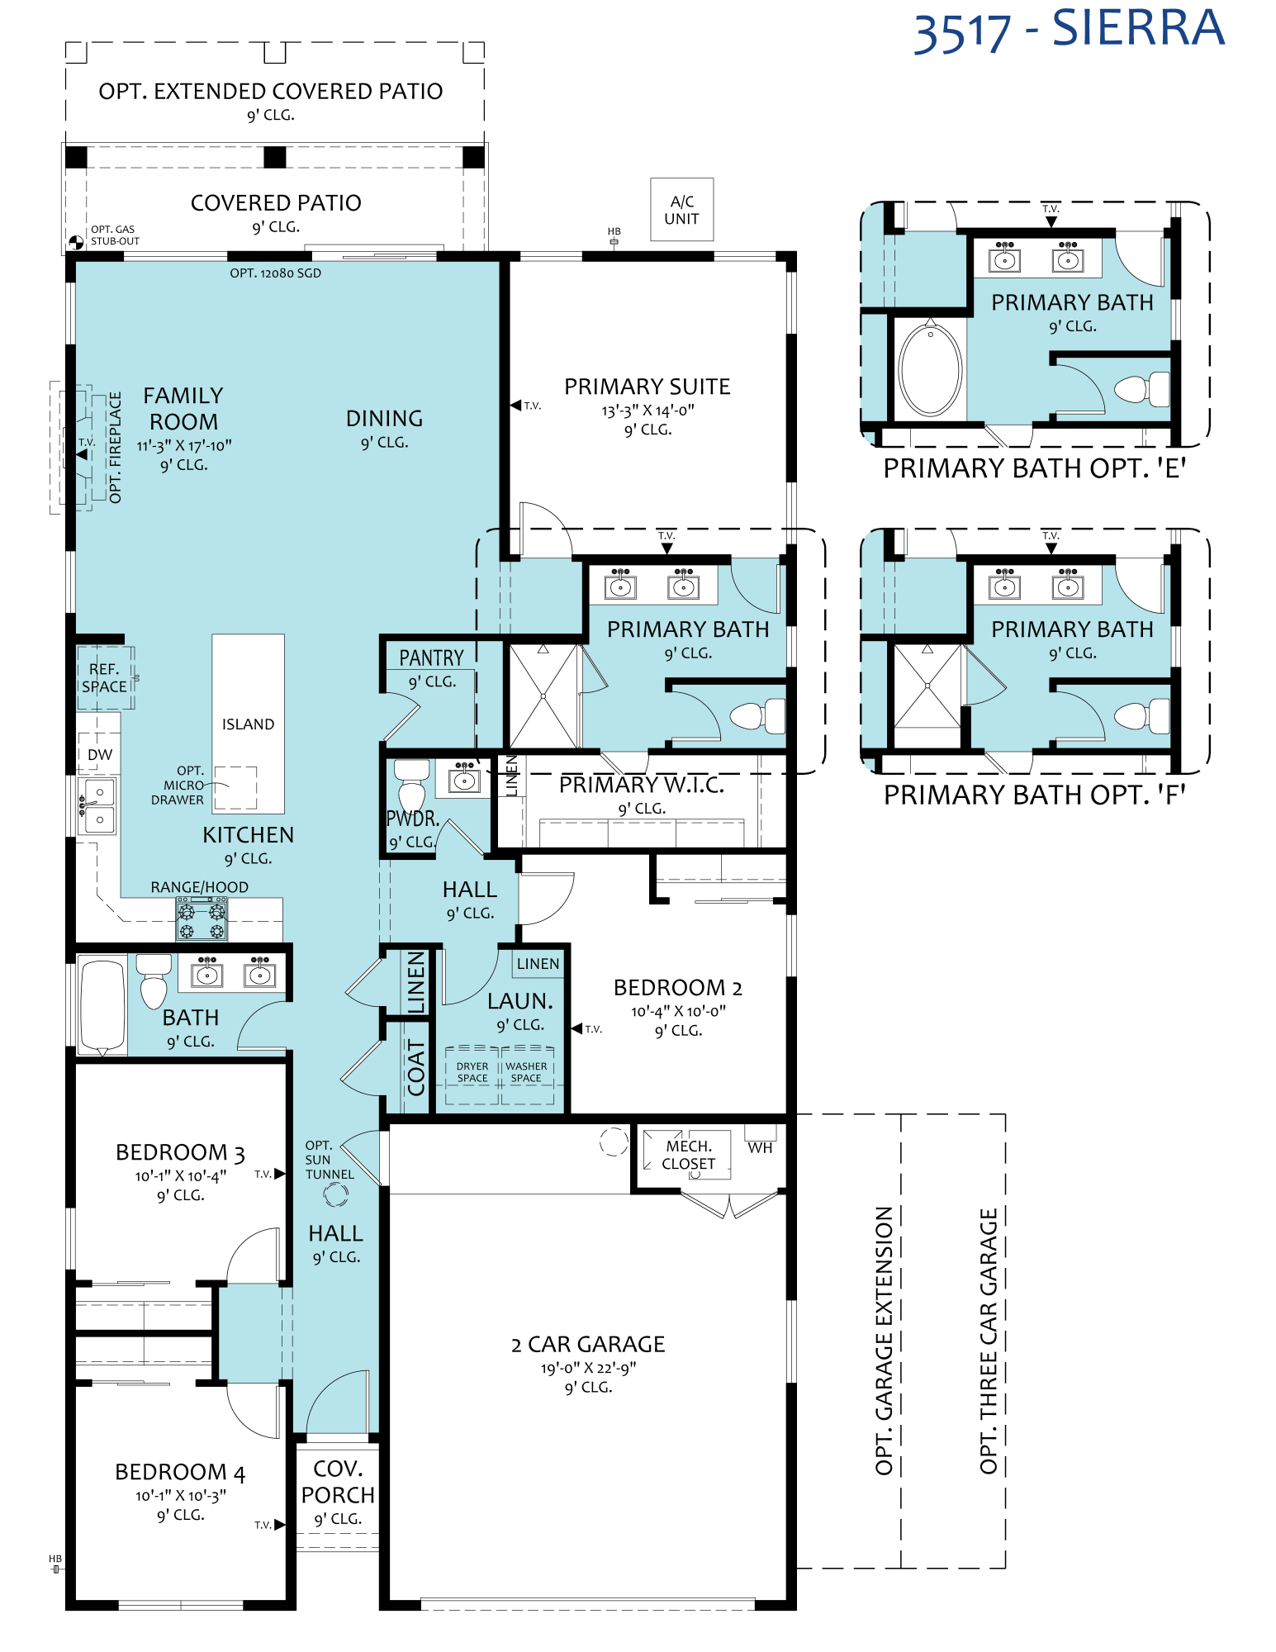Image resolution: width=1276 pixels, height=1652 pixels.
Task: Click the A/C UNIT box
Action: [681, 210]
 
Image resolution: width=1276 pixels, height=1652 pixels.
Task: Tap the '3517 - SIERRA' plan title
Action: [1069, 30]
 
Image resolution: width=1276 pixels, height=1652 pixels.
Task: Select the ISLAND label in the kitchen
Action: [248, 724]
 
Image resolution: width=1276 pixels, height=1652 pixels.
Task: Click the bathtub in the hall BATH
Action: [102, 1005]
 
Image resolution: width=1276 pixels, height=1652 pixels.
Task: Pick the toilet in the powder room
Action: [411, 786]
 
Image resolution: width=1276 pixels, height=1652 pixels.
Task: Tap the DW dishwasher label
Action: [100, 754]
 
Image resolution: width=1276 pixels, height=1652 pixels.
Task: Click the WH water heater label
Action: [760, 1147]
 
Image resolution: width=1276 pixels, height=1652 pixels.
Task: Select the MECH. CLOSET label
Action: [689, 1155]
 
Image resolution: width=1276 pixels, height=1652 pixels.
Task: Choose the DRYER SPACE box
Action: [472, 1075]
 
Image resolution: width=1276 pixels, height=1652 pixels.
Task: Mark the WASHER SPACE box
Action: [527, 1075]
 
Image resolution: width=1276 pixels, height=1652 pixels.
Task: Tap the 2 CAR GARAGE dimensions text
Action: [588, 1369]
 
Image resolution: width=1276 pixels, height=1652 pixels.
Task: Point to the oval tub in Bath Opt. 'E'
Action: [930, 368]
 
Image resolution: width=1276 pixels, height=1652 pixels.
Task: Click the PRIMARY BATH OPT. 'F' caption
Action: [1035, 795]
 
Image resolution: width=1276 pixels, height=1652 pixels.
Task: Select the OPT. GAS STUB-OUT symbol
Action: [75, 242]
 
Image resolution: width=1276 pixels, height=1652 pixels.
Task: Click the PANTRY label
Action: [431, 658]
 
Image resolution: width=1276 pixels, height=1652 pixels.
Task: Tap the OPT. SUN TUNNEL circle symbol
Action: [335, 1194]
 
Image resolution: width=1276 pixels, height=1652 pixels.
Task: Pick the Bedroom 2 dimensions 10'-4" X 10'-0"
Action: [678, 1011]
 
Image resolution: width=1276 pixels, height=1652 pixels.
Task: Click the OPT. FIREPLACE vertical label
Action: [115, 447]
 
